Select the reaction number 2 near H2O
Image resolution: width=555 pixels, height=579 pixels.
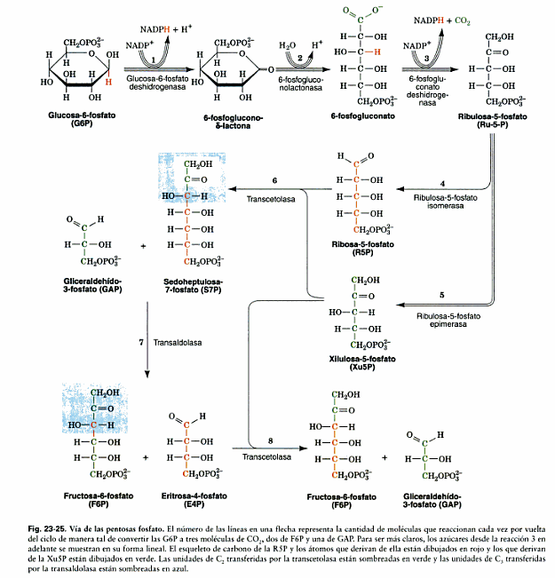[x=299, y=57]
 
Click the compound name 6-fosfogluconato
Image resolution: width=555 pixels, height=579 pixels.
[x=359, y=115]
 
